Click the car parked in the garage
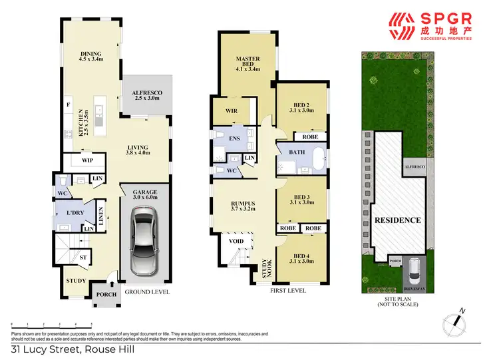pos(144,242)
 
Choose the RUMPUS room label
pos(234,206)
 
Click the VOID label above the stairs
pos(235,242)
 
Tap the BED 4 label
pos(301,258)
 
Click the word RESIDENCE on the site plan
pos(397,220)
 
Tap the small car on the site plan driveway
pos(413,270)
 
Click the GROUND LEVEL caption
pos(147,292)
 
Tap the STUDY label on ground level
pos(76,280)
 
